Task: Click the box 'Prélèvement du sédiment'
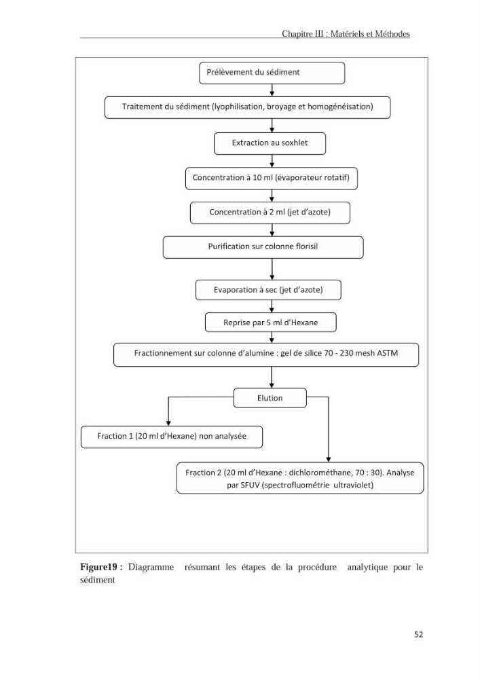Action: point(272,73)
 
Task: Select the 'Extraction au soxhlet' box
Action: point(270,143)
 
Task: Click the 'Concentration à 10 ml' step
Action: point(272,178)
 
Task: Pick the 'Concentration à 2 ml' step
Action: point(270,213)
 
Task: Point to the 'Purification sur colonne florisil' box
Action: point(263,247)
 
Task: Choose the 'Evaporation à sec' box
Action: point(268,290)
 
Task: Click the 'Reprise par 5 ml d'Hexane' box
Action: point(270,323)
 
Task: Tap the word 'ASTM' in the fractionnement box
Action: point(388,353)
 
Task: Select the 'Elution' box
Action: point(270,398)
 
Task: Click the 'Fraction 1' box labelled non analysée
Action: point(171,437)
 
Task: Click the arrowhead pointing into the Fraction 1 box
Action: point(168,423)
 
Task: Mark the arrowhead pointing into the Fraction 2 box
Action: point(328,460)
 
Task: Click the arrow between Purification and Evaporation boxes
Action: point(272,269)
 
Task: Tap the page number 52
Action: point(418,634)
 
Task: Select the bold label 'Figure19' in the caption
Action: point(98,567)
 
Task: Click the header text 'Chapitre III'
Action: point(303,34)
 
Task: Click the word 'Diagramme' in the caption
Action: point(151,567)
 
